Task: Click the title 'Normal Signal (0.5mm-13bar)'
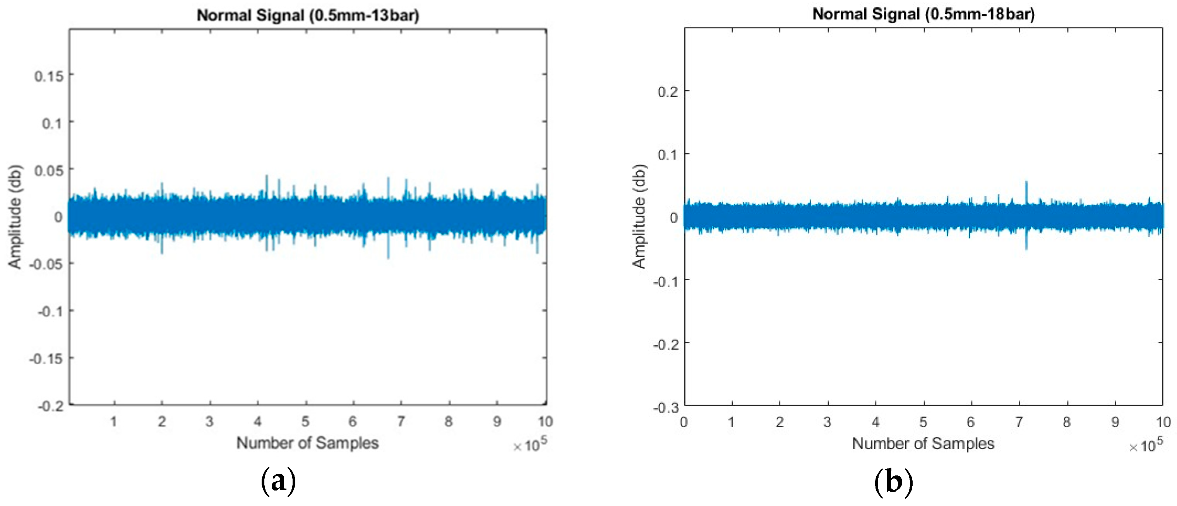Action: (x=307, y=15)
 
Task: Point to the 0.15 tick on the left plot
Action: (x=49, y=76)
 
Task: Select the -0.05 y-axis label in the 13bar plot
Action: (x=46, y=264)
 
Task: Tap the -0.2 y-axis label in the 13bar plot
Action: (x=50, y=406)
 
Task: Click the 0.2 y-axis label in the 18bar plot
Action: (x=668, y=91)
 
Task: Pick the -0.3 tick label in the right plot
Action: (x=666, y=408)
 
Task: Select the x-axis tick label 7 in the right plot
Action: (x=1019, y=422)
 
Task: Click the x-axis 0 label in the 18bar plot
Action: (x=684, y=422)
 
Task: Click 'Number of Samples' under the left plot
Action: (x=307, y=443)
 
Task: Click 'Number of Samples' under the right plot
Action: (x=923, y=443)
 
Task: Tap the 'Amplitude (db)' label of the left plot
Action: (x=15, y=217)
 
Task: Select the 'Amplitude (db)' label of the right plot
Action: (x=639, y=217)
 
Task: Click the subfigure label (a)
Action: (x=278, y=481)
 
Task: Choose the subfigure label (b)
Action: (x=893, y=481)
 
